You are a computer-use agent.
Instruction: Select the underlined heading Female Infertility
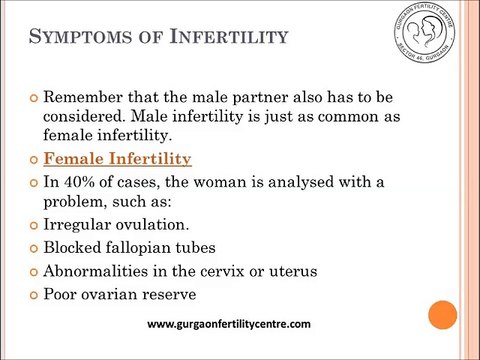coord(119,160)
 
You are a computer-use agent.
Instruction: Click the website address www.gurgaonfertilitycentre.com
coord(229,324)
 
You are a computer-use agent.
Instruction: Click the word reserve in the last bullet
coord(194,295)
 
